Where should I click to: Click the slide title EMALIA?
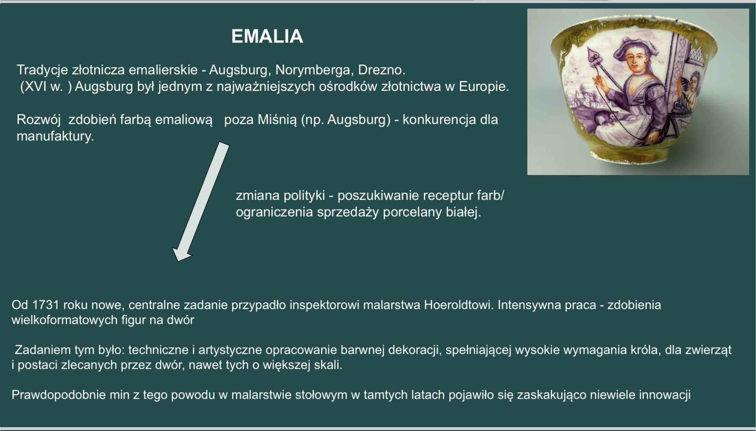[x=267, y=36]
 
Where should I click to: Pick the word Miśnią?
[x=277, y=120]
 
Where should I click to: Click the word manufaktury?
[x=55, y=136]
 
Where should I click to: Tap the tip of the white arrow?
[x=178, y=261]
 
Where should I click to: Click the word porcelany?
[x=412, y=212]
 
